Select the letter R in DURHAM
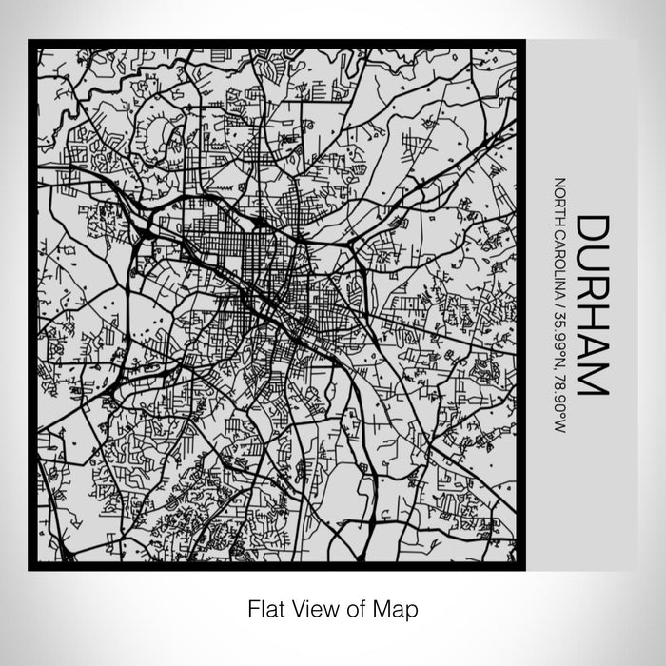593,290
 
